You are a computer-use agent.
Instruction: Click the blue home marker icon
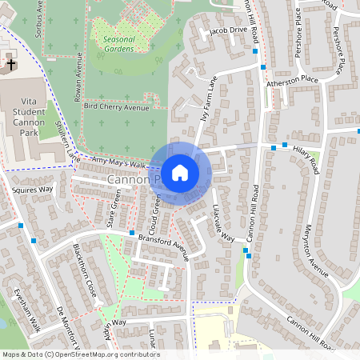(180, 172)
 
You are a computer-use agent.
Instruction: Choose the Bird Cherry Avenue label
(116, 106)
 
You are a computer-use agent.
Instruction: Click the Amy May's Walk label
(119, 162)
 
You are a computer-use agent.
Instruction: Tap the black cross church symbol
(10, 63)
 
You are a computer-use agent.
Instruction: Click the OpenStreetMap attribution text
(80, 354)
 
